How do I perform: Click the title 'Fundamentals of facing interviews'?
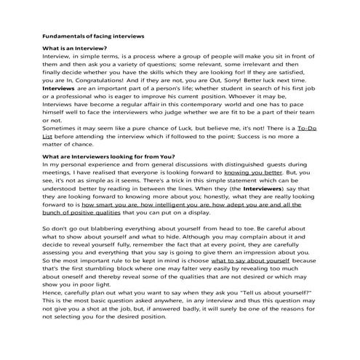point(93,35)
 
